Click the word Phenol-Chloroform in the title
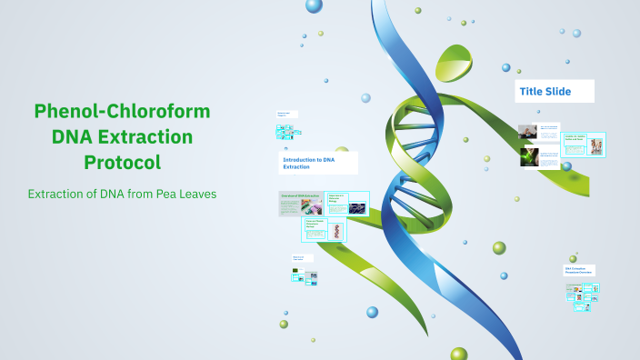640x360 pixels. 122,112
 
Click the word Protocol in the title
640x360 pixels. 122,163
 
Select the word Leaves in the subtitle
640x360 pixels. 198,195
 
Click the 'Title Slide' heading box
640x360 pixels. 555,91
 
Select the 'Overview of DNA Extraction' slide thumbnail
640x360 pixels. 300,205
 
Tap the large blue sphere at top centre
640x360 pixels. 315,5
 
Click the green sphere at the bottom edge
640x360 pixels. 458,354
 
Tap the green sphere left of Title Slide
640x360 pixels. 507,67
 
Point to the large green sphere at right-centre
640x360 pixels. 499,247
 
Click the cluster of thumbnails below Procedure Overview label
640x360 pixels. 582,293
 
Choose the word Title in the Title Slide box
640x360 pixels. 531,91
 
